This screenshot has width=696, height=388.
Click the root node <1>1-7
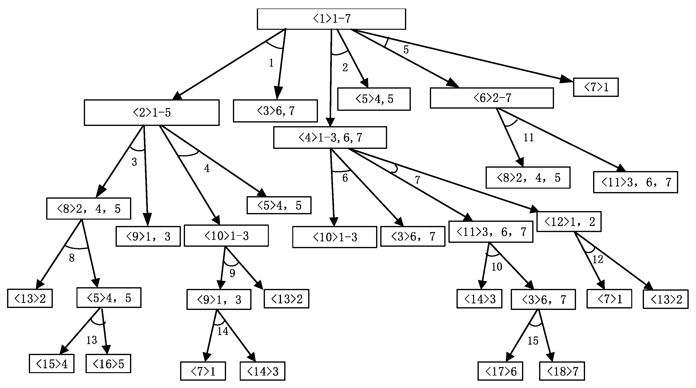click(331, 19)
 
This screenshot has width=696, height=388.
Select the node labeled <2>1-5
click(152, 112)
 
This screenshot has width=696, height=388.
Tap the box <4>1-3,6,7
click(330, 138)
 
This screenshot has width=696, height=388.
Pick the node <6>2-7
click(492, 98)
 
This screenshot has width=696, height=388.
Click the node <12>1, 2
click(569, 222)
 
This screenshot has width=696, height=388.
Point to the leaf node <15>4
click(52, 364)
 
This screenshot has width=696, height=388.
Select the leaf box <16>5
click(108, 364)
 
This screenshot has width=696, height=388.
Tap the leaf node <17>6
click(500, 371)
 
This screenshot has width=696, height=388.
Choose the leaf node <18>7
click(562, 371)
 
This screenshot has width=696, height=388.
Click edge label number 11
click(529, 138)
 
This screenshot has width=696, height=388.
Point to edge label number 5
click(406, 50)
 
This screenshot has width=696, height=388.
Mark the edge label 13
click(91, 340)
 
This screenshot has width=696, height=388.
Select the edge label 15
click(533, 341)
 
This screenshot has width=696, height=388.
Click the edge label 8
click(72, 258)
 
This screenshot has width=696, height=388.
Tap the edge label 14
click(223, 331)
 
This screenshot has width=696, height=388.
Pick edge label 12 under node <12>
click(598, 260)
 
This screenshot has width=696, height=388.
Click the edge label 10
click(497, 267)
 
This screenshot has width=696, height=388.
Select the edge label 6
click(345, 178)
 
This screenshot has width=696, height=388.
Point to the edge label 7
click(417, 180)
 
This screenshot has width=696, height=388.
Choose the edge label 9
click(232, 273)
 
